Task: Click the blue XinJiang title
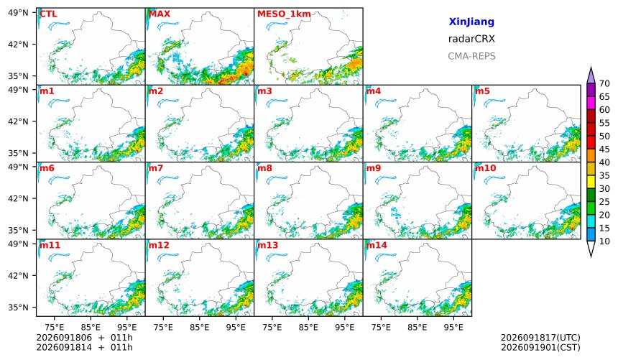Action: coord(471,22)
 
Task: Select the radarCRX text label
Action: coord(471,39)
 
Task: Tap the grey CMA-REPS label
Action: coord(471,56)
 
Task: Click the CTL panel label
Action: coord(48,14)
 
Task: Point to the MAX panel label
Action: coord(160,14)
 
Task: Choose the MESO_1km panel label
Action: coord(284,14)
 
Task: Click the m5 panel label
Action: coord(482,91)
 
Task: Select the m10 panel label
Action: coord(485,168)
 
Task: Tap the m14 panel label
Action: coord(377,245)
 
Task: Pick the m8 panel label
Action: coord(264,168)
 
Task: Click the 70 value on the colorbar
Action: coord(604,83)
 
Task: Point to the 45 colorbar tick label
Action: coord(604,149)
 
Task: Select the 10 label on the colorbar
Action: coord(604,241)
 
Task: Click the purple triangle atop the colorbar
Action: coord(591,76)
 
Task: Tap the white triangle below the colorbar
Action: coord(591,248)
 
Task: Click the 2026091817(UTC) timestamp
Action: coord(540,338)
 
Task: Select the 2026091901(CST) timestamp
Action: coord(540,348)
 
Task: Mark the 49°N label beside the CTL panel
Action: coord(18,13)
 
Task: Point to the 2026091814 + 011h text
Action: coord(84,348)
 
